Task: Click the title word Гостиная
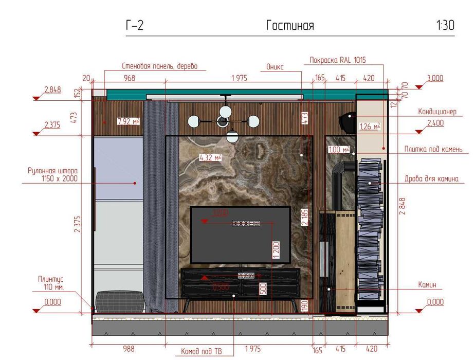[x=290, y=26]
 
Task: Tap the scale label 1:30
[x=445, y=26]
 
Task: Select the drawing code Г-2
[x=134, y=26]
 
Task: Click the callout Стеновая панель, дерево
[x=159, y=66]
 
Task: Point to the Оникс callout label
[x=275, y=67]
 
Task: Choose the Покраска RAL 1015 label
[x=338, y=60]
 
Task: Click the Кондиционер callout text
[x=437, y=111]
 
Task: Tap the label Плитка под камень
[x=432, y=150]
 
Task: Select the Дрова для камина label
[x=431, y=179]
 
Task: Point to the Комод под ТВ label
[x=201, y=352]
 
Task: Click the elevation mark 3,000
[x=435, y=79]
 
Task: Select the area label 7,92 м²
[x=128, y=121]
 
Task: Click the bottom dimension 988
[x=129, y=349]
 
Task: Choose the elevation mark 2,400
[x=435, y=123]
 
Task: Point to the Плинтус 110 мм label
[x=51, y=283]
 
